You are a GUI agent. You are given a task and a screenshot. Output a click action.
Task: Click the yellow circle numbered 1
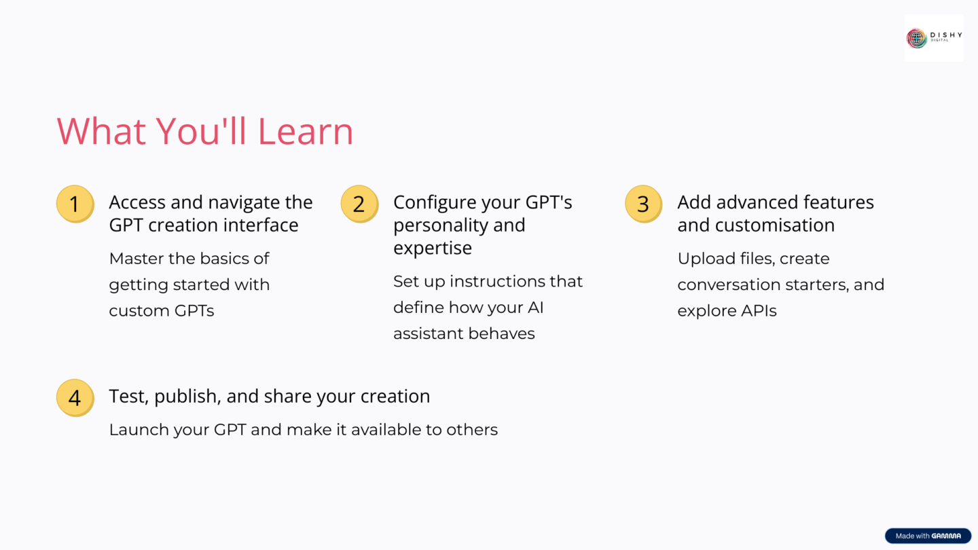pos(75,204)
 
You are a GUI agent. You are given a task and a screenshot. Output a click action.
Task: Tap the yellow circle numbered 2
pos(359,204)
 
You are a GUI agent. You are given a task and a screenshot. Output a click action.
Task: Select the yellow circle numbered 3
pos(643,204)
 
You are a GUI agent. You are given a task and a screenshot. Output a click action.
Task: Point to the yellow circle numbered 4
pos(75,398)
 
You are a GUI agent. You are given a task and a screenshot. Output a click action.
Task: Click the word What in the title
pos(101,131)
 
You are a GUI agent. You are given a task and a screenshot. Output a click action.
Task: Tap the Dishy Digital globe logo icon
pos(917,38)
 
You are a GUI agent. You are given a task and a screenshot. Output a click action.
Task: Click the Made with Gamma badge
pos(928,536)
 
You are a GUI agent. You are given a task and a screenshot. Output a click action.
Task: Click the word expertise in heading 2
pos(433,248)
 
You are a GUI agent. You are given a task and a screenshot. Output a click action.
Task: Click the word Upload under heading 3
pos(702,259)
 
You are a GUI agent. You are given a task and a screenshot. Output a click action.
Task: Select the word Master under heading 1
pos(136,259)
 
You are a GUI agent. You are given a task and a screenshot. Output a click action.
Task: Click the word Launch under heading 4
pos(136,430)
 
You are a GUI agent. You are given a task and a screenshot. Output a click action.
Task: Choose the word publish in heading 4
pos(187,397)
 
